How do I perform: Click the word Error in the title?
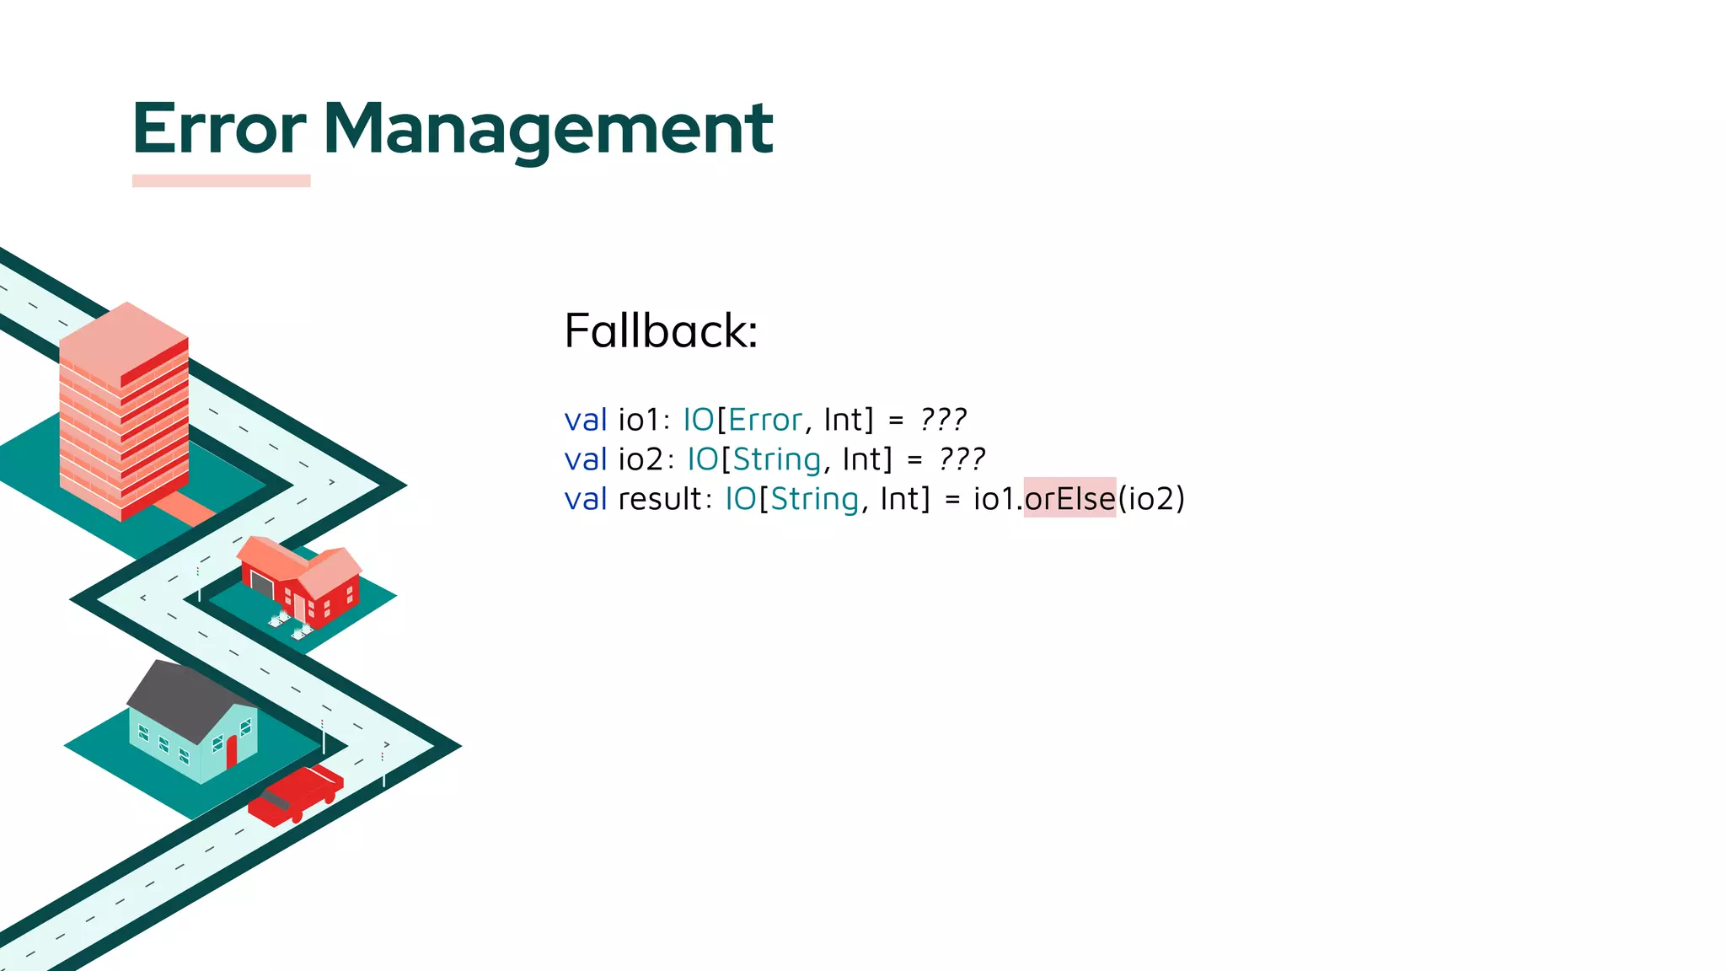[219, 128]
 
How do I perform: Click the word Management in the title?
[548, 128]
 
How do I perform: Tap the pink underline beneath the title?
[221, 180]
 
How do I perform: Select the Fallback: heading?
[661, 330]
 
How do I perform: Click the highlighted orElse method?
[1069, 498]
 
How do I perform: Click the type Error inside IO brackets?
[765, 420]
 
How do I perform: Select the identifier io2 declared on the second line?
[641, 459]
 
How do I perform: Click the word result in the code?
[660, 499]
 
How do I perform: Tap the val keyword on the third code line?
[585, 499]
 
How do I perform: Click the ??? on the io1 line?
[943, 420]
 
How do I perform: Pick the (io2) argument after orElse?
[1151, 499]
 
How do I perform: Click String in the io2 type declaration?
[776, 459]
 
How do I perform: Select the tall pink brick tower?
[124, 413]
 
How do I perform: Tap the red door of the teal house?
[232, 752]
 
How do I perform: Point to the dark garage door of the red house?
[262, 583]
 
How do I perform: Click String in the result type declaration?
[814, 499]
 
